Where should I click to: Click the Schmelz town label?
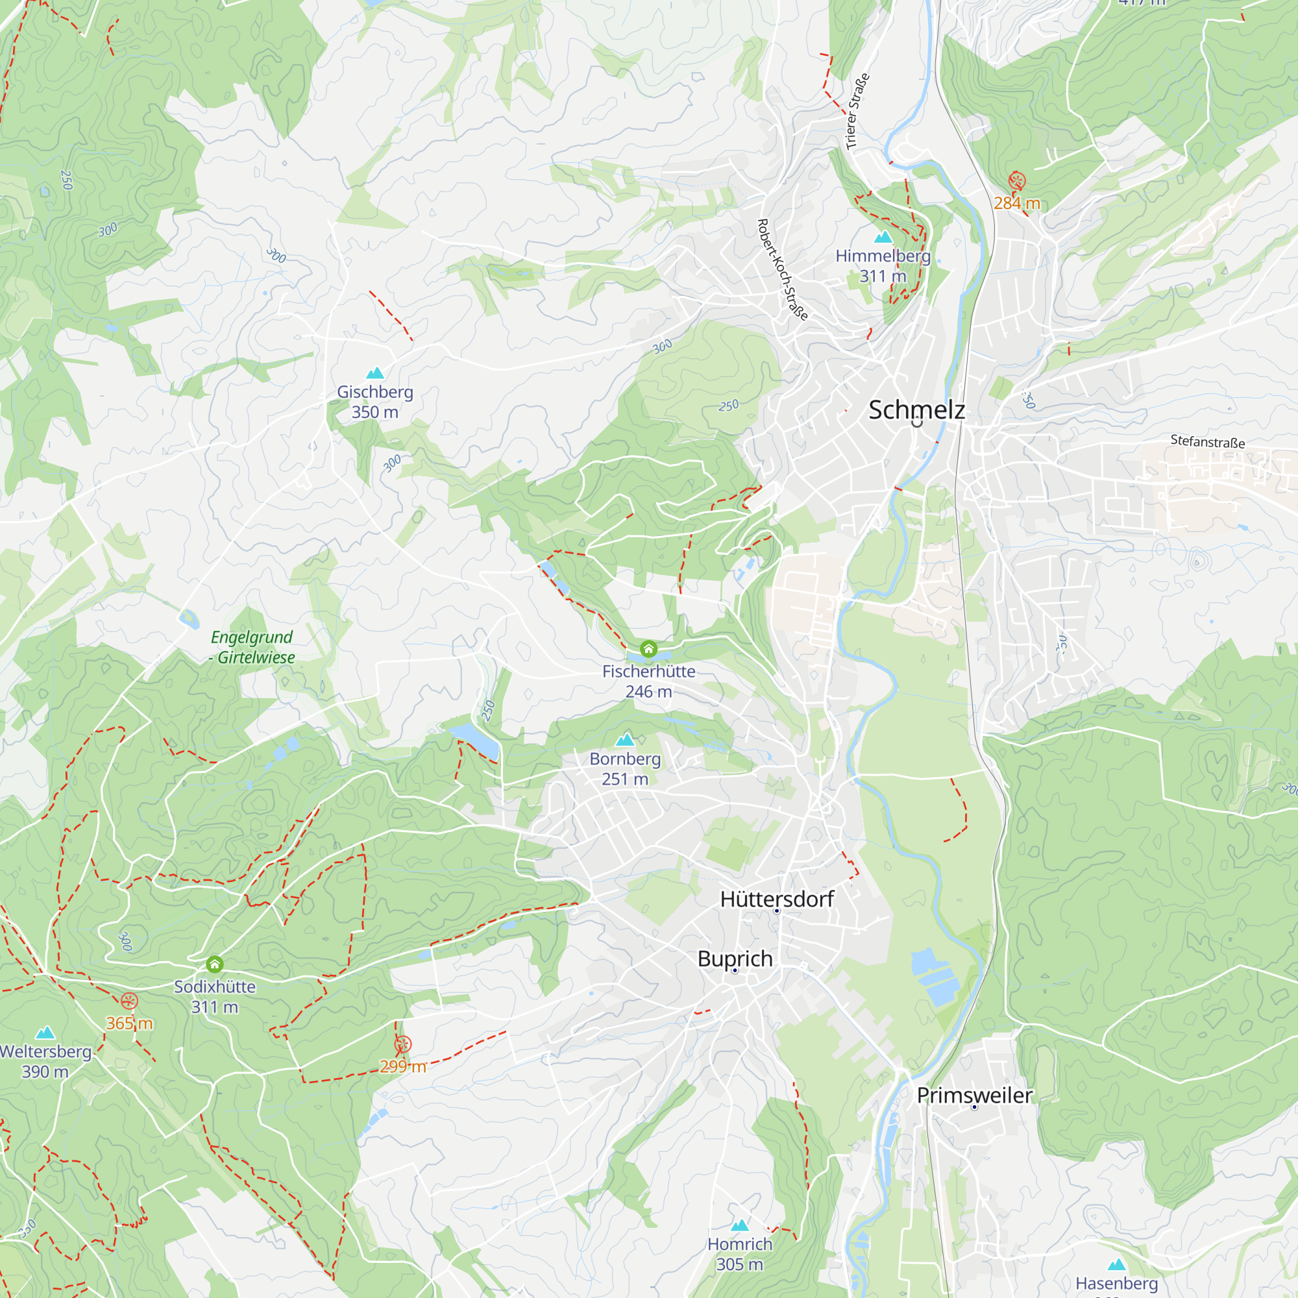click(916, 410)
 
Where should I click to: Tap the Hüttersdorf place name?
click(777, 899)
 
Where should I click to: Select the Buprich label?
click(735, 959)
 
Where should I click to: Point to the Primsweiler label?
click(974, 1095)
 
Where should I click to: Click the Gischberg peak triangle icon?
click(375, 373)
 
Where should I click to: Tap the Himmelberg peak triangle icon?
click(883, 237)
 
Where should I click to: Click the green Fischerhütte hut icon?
click(648, 649)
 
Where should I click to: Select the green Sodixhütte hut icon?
click(214, 965)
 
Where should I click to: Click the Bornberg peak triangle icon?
click(625, 741)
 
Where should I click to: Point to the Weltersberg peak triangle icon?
click(45, 1033)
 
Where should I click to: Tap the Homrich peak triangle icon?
click(740, 1225)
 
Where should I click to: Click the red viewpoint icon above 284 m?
click(1016, 180)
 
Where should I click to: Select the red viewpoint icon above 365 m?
click(129, 1001)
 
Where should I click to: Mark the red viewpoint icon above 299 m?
click(402, 1044)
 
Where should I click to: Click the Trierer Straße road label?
click(857, 112)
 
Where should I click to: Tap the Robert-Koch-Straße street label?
click(782, 269)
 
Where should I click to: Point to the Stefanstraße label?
click(1207, 441)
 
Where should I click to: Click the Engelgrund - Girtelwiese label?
click(252, 647)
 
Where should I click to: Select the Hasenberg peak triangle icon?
click(1116, 1265)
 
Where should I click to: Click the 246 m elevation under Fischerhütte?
click(648, 691)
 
